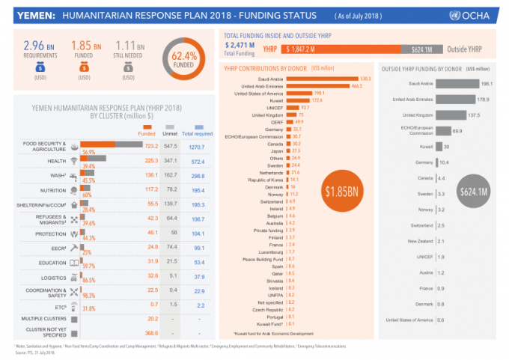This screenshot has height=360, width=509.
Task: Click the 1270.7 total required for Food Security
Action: pyautogui.click(x=197, y=146)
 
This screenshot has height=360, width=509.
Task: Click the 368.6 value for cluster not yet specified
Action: pyautogui.click(x=150, y=332)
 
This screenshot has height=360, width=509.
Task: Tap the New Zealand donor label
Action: pyautogui.click(x=421, y=241)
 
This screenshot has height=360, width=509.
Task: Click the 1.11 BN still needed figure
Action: pyautogui.click(x=129, y=46)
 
